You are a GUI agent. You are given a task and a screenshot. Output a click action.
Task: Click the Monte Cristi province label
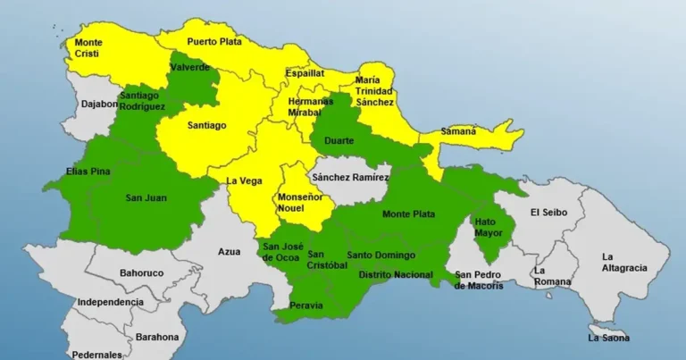[x=88, y=48]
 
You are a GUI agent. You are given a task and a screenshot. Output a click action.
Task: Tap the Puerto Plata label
[x=214, y=42]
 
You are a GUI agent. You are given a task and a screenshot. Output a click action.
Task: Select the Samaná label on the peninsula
[x=459, y=132]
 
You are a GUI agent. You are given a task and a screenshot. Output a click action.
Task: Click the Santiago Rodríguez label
[x=141, y=100]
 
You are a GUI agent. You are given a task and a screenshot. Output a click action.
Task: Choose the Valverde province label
[x=189, y=68]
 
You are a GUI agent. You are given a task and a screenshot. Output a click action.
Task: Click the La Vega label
[x=244, y=181]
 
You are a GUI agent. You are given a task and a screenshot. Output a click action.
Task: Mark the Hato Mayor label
[x=489, y=227]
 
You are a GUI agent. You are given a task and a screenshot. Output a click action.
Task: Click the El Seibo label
[x=548, y=213]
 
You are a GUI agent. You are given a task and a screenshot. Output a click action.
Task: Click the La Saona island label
[x=608, y=338]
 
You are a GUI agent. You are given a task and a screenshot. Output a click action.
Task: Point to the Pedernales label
[x=96, y=354]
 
